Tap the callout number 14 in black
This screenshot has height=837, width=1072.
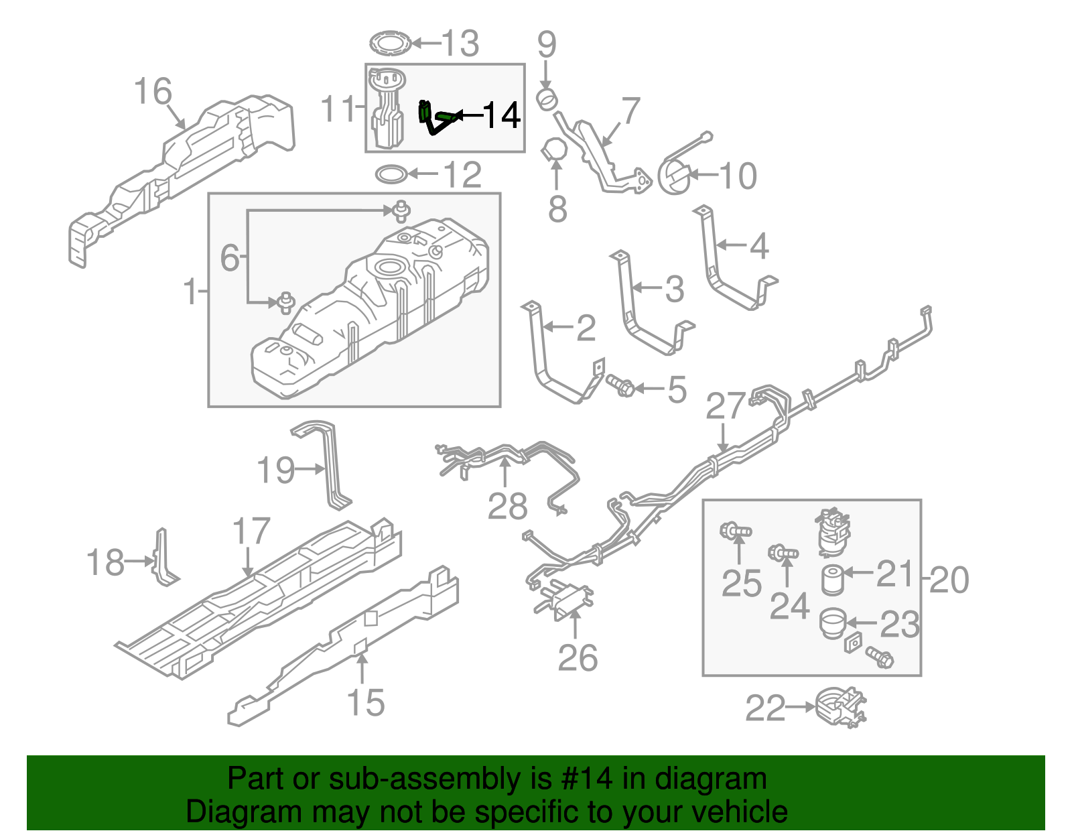(501, 115)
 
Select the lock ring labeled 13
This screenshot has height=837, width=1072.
(390, 44)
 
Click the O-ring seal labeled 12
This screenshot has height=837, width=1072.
(391, 175)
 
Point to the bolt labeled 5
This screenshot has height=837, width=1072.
(620, 385)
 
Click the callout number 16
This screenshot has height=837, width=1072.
(153, 91)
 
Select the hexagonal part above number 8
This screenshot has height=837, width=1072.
(554, 149)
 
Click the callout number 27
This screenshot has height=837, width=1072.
(726, 406)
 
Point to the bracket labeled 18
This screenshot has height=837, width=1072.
(163, 558)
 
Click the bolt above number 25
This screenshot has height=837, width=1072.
(735, 531)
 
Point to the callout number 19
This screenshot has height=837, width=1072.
(276, 470)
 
